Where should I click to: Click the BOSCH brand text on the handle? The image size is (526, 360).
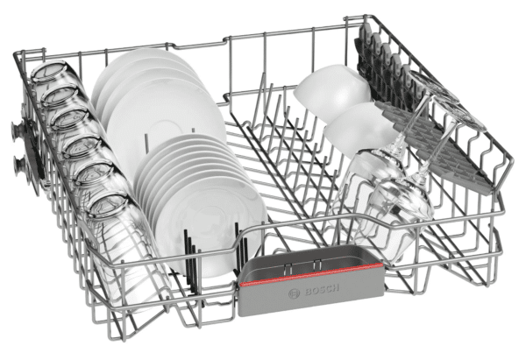(321, 290)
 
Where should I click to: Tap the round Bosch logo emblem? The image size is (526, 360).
(294, 294)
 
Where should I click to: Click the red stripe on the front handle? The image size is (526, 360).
(311, 274)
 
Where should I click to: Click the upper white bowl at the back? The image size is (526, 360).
(332, 88)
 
